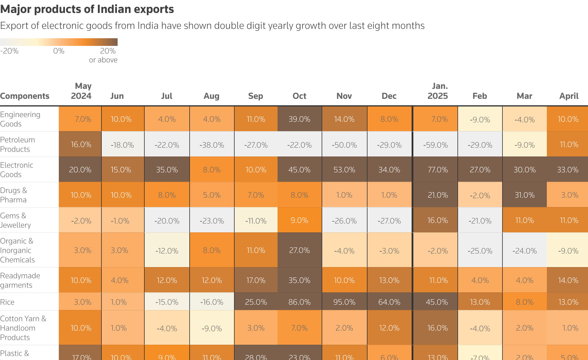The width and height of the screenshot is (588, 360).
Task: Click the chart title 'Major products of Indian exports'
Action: pos(87,9)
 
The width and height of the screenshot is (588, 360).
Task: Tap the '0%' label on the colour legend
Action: pos(59,51)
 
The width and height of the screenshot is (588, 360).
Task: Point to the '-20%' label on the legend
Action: pos(9,51)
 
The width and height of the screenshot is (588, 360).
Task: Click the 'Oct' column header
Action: pos(299,96)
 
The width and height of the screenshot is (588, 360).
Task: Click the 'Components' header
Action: pos(25,96)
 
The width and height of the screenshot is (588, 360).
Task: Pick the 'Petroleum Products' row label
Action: pos(18,144)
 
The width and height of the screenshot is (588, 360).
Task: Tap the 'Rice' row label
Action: pos(7,302)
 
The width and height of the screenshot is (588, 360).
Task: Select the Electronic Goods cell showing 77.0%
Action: pos(437,170)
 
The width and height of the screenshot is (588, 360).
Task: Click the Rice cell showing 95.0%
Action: pos(344,302)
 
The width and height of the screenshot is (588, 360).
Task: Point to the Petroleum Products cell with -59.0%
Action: pos(435,145)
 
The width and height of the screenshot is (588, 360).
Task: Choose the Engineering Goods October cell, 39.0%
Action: pos(299,119)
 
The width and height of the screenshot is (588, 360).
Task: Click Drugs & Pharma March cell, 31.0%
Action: pos(524,195)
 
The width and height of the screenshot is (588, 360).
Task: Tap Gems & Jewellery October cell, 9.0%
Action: pos(299,220)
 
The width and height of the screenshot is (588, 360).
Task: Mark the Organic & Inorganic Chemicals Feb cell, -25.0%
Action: pos(480,251)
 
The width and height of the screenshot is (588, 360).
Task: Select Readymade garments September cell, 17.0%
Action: pos(256,280)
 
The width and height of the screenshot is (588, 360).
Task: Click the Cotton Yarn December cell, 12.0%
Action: pos(389,328)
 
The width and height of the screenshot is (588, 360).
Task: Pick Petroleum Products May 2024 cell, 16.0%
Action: pos(81,144)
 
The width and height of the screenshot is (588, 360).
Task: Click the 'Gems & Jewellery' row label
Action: pos(15,220)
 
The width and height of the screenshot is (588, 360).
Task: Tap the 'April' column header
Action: pos(569,96)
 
